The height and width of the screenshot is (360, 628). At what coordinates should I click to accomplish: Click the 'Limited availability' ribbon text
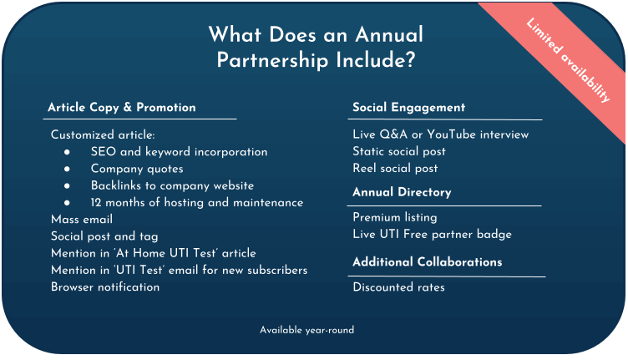point(569,59)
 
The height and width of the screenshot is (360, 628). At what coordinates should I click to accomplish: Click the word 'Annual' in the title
point(389,34)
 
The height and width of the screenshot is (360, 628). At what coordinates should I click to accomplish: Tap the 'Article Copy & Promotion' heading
point(122,107)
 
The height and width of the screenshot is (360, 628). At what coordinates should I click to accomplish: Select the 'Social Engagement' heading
point(409,107)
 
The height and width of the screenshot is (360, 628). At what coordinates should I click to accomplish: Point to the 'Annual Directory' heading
point(402,192)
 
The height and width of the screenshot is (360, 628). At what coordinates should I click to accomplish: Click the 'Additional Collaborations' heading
point(428,262)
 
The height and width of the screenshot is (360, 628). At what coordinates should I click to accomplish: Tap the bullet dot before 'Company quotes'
point(67,169)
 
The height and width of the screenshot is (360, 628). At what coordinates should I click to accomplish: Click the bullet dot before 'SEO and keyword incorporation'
point(67,152)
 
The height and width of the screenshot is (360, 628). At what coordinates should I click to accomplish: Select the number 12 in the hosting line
point(96,203)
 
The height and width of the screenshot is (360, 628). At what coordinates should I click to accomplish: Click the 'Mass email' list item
point(82,220)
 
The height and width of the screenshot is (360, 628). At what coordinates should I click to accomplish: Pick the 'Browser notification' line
point(105,287)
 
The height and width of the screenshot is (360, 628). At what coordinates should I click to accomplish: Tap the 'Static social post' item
point(399,151)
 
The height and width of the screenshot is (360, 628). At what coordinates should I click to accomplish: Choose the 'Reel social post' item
point(395,168)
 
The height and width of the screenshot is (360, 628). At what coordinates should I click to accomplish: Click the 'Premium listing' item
point(395,217)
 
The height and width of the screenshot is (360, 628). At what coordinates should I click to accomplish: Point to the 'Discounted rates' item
point(398,287)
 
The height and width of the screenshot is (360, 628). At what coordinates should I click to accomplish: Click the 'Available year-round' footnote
point(306,330)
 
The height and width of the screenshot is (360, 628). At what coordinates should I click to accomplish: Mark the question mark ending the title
point(410,60)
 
